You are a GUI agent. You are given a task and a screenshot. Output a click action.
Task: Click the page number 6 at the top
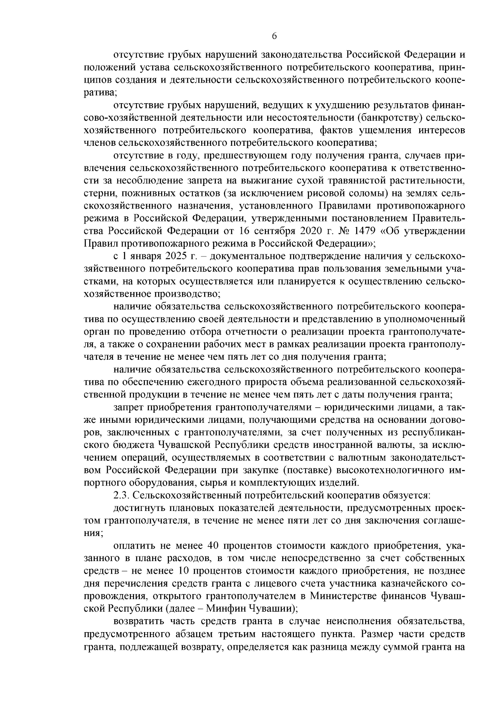274,36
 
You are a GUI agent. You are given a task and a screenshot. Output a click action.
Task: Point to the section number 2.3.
122,496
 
